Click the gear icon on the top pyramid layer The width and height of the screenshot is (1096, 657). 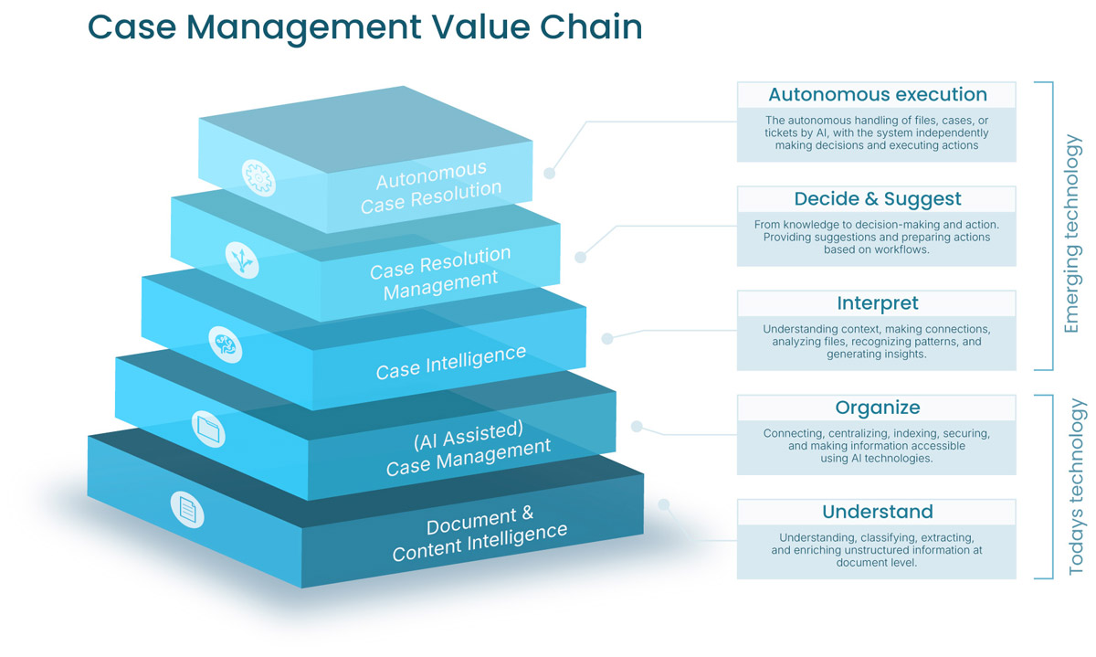tap(258, 177)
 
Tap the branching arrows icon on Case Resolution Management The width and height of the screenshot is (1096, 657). tap(242, 260)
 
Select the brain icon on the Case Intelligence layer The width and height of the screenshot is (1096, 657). tap(225, 344)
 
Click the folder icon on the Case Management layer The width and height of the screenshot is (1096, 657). tap(208, 429)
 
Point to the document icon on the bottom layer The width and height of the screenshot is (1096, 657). tap(187, 509)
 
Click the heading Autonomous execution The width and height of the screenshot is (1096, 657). tap(878, 94)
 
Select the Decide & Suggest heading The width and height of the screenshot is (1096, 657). tap(878, 199)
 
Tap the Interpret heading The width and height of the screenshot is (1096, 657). tap(878, 303)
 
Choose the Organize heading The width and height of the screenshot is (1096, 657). tap(878, 408)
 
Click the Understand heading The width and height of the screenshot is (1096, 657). tap(878, 512)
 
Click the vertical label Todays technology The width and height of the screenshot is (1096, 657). tap(1077, 487)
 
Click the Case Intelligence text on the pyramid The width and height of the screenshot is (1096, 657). tap(450, 362)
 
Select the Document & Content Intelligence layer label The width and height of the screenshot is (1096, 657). tap(479, 534)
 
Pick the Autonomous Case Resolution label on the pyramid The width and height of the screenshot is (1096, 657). tap(431, 187)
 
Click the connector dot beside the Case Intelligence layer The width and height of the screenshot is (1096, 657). tap(607, 338)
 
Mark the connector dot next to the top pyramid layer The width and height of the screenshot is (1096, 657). tap(550, 173)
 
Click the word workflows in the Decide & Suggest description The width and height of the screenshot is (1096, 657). tap(899, 249)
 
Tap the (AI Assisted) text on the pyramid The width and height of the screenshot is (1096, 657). tap(469, 435)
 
